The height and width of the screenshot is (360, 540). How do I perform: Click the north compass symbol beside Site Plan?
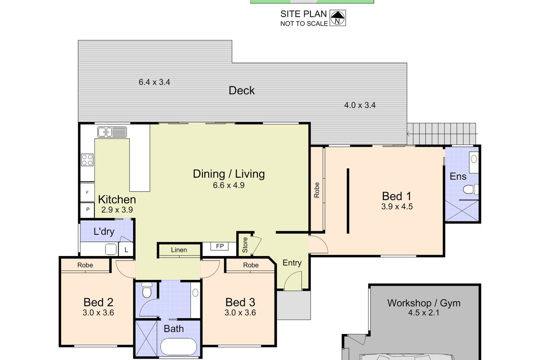(337, 18)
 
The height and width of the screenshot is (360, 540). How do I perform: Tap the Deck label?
(242, 90)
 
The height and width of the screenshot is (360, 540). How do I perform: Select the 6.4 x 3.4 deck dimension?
(154, 82)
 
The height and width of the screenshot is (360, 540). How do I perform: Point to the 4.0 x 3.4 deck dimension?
(360, 106)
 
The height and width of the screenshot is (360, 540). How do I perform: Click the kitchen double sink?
(112, 132)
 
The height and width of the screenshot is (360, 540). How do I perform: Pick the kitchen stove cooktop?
(87, 159)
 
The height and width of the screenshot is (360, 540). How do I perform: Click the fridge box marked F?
(87, 192)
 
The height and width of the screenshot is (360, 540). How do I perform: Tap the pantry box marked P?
(87, 210)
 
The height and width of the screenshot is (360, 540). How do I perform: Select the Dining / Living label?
(229, 174)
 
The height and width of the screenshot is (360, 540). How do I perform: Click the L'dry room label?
(103, 232)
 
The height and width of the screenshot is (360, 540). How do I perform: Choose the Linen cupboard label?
(179, 250)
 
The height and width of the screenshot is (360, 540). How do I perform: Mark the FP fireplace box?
(220, 247)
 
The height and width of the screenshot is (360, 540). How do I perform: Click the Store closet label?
(245, 244)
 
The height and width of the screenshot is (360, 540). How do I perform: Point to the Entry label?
(292, 263)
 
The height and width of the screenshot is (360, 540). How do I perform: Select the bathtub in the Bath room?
(179, 347)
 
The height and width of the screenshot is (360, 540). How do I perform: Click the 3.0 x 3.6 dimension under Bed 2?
(99, 312)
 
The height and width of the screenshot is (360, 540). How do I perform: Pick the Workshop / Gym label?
(424, 303)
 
